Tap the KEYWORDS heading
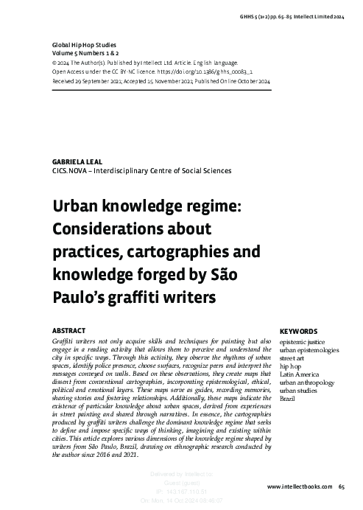click(299, 332)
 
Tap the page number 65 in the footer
click(342, 487)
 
